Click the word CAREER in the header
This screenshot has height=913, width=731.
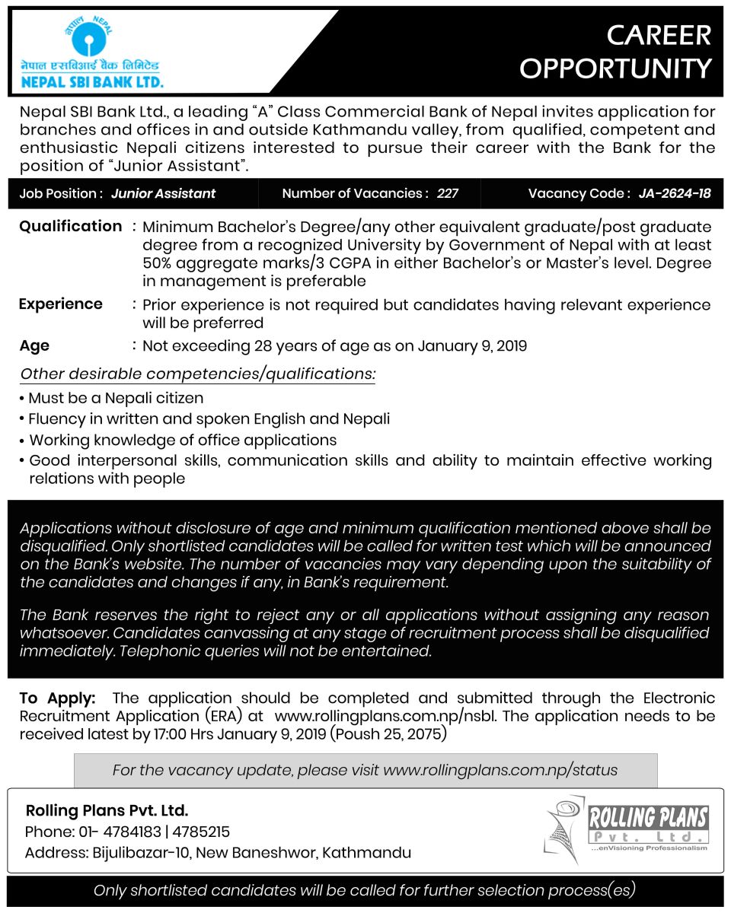tap(659, 35)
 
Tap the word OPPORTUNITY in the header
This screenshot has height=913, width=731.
tap(615, 68)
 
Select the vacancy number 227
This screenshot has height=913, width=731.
tap(448, 194)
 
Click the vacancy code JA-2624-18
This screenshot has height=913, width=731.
tap(675, 194)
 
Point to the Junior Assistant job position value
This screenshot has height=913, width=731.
tap(163, 194)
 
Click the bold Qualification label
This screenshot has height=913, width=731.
tap(70, 227)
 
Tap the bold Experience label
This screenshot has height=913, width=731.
tap(60, 304)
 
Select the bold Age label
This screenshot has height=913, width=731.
tap(34, 346)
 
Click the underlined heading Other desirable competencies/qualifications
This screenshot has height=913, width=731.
tap(197, 374)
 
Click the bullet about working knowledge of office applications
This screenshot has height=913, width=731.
tap(183, 441)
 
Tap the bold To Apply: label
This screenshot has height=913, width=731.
tap(58, 698)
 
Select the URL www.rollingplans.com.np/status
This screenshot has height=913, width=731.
tap(500, 770)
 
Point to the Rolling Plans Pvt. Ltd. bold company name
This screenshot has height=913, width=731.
tap(107, 810)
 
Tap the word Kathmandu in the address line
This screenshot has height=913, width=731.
tap(367, 853)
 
